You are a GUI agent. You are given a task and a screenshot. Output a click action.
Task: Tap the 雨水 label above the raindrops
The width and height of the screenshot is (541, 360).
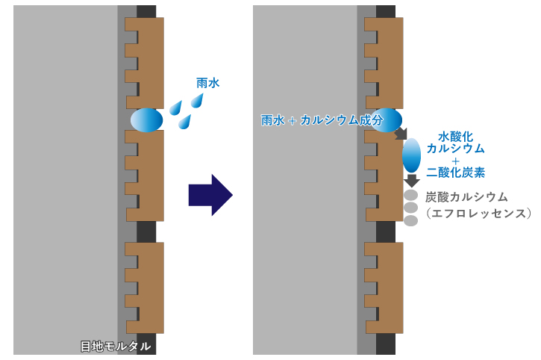[207, 84]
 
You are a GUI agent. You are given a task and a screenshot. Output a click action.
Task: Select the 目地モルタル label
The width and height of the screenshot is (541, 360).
[116, 347]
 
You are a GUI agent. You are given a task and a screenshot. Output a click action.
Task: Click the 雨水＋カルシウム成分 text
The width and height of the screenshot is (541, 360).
[322, 120]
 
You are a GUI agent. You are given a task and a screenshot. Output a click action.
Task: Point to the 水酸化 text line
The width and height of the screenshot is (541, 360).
[455, 137]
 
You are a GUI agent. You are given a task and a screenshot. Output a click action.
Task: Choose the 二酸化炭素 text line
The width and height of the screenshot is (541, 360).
[456, 173]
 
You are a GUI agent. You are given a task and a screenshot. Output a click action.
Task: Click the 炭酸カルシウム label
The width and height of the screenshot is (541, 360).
[466, 197]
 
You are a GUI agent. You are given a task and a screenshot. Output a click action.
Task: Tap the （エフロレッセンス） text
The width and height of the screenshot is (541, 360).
[477, 214]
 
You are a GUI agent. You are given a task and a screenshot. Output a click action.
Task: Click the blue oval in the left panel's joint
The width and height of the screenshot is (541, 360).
[146, 120]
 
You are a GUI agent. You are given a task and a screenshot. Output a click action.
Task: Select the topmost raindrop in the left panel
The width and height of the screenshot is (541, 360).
[200, 101]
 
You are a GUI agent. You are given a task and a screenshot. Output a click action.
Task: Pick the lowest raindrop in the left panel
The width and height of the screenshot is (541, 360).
[184, 121]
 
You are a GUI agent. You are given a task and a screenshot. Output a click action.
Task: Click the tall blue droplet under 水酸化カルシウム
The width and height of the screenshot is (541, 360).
[411, 155]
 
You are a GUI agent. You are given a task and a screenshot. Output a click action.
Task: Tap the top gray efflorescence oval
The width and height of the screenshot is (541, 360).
[410, 196]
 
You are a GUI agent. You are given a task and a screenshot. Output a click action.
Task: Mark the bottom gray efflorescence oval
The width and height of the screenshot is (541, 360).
[410, 220]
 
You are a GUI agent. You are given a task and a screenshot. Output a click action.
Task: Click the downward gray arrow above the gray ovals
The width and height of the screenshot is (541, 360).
[411, 181]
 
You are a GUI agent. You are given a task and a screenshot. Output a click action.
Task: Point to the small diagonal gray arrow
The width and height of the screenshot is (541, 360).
[401, 134]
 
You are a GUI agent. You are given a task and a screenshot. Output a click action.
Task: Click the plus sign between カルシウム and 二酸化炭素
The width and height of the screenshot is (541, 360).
[455, 160]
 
